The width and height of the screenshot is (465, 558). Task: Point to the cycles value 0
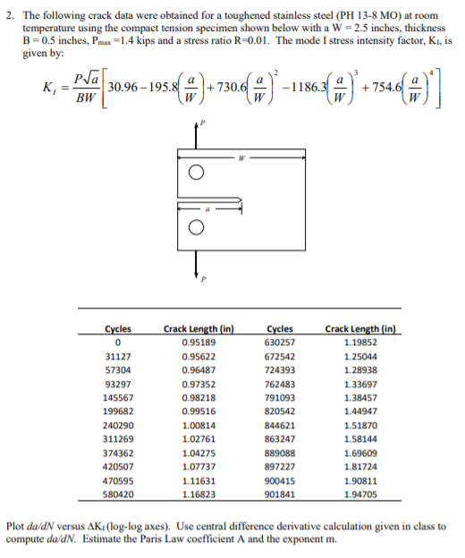pyautogui.click(x=118, y=341)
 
